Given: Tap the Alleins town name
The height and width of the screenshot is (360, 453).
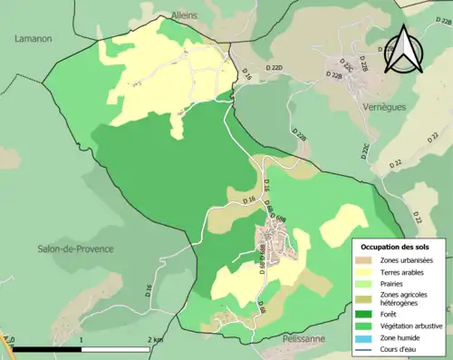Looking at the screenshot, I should click(x=184, y=15).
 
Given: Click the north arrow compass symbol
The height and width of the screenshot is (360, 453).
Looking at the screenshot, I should click(x=404, y=52).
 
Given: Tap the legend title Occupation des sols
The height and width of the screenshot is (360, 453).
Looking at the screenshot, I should click(x=400, y=247).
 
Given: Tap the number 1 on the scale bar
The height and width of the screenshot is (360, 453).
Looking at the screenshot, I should click(x=82, y=339).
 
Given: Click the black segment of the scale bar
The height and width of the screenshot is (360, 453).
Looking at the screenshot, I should click(x=46, y=349).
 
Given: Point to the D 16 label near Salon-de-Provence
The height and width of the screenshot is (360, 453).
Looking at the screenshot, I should click(x=148, y=291).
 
